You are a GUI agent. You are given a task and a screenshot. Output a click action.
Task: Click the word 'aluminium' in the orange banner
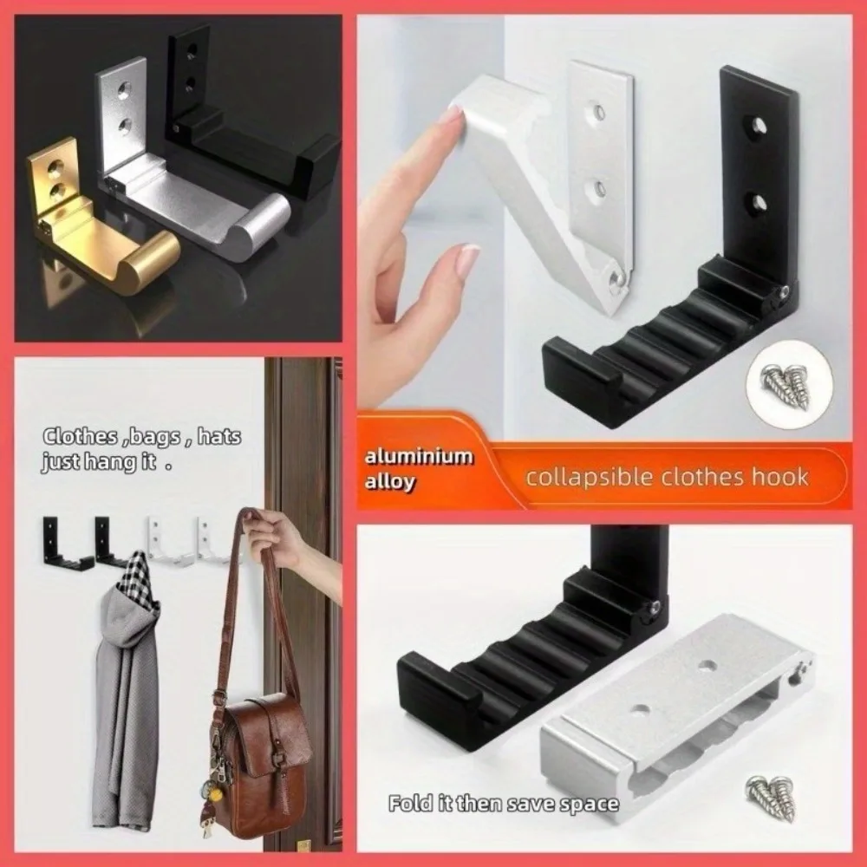(x=419, y=458)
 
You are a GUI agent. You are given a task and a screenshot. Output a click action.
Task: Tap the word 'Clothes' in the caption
(x=80, y=437)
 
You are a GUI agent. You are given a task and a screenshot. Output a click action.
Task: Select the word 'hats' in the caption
(x=219, y=437)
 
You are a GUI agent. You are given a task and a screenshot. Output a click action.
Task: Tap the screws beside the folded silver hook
(x=772, y=796)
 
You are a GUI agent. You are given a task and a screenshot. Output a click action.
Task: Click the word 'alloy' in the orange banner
(x=389, y=481)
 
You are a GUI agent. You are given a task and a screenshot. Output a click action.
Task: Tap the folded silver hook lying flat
(x=677, y=719)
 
